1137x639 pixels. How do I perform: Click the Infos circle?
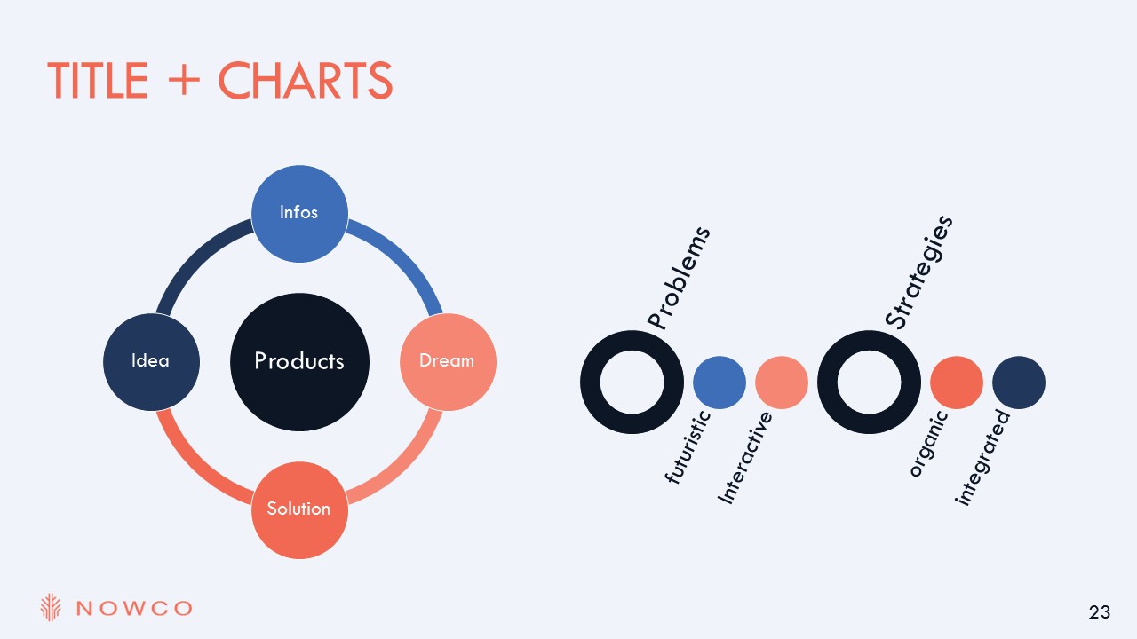[x=299, y=214]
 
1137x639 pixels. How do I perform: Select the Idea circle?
[x=151, y=361]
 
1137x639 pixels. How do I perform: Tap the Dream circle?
[x=448, y=361]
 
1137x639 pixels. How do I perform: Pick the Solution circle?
[x=299, y=510]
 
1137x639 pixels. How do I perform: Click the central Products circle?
[x=299, y=362]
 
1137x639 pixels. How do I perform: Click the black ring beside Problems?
[x=590, y=382]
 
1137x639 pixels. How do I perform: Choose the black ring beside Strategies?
[x=827, y=382]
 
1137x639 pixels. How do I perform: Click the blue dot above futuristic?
[x=720, y=383]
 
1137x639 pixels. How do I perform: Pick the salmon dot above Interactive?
[x=782, y=383]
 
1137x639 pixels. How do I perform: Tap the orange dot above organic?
[x=957, y=383]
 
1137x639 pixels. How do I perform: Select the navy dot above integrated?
[x=1019, y=383]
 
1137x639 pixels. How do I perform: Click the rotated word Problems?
[x=679, y=278]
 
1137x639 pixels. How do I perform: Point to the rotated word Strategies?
[x=918, y=272]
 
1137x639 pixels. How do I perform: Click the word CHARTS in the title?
[x=305, y=80]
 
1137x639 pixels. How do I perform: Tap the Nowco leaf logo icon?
[x=51, y=607]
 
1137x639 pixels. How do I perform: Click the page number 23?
[x=1100, y=612]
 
